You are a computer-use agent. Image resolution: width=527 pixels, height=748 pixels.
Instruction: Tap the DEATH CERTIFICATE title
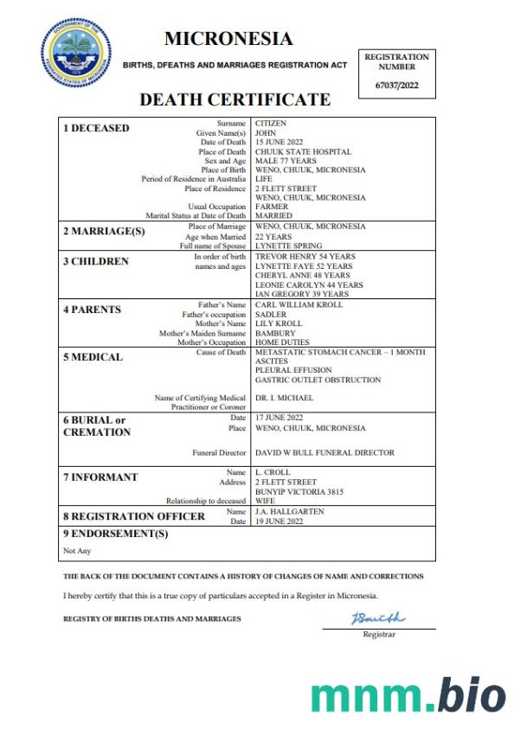coord(235,99)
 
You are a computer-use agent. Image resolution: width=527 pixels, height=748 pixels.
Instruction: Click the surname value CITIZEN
coord(271,124)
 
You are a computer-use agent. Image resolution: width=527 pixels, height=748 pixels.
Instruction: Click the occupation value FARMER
coord(272,207)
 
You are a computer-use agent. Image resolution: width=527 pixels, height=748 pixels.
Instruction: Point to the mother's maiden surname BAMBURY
coord(275,333)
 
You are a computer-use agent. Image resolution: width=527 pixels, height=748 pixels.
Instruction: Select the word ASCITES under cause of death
coord(271,361)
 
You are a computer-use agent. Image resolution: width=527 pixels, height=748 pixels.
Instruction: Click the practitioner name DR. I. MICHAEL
coord(284,398)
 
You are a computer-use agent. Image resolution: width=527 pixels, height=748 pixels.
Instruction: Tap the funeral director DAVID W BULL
coord(325,452)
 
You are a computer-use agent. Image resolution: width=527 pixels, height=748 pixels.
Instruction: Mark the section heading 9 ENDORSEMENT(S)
coord(115,534)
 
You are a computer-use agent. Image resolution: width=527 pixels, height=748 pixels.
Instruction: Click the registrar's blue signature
coord(377,618)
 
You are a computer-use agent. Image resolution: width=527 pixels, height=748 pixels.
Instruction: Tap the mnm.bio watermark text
coord(408,695)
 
